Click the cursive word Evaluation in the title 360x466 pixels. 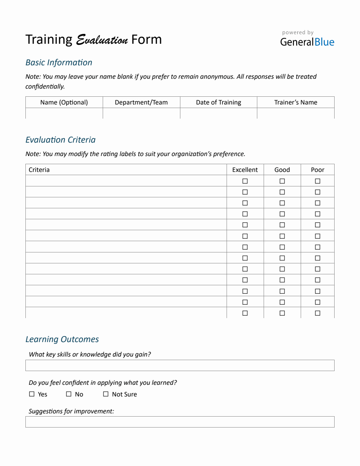point(102,40)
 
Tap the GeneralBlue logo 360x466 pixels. point(307,42)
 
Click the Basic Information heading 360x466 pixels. point(59,62)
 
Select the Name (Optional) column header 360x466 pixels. point(64,102)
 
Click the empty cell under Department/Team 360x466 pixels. point(141,113)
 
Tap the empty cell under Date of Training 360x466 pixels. point(218,113)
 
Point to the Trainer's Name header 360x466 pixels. point(296,102)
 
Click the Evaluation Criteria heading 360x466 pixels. point(60,140)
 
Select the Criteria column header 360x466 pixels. point(39,170)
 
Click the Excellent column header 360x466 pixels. point(245,170)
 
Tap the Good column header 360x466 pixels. point(282,170)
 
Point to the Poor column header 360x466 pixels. point(317,170)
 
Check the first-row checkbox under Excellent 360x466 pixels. point(245,181)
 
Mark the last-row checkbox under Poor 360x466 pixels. point(318,313)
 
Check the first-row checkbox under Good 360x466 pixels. point(282,181)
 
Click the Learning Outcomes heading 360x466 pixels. point(62,339)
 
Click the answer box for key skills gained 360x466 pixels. point(180,365)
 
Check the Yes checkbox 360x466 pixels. point(32,394)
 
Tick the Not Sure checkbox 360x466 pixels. point(106,394)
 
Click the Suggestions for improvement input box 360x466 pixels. point(180,422)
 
